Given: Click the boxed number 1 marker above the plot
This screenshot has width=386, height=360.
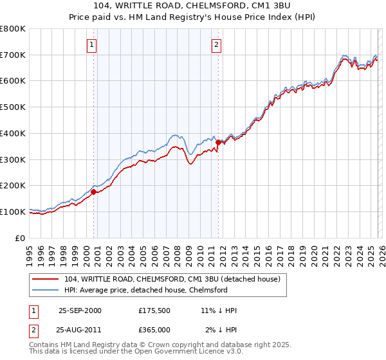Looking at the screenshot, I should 93,45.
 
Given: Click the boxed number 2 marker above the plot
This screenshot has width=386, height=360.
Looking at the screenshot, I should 216,45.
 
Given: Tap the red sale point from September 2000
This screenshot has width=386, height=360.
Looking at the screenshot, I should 94,192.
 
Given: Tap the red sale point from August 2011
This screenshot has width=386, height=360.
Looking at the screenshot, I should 218,142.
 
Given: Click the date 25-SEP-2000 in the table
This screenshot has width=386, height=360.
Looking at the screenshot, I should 80,310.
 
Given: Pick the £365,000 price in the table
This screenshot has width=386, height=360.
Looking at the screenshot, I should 154,330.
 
